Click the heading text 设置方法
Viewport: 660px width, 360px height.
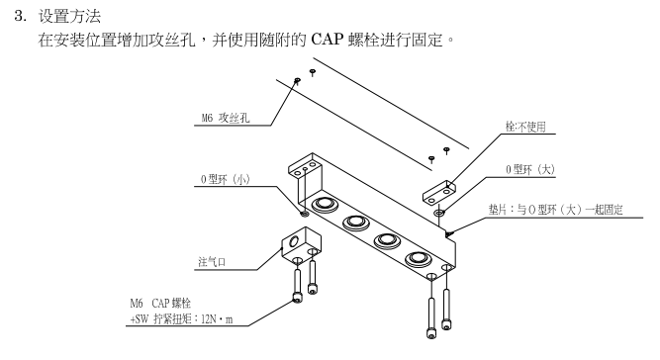coord(70,16)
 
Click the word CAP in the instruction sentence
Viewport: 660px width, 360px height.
coord(328,40)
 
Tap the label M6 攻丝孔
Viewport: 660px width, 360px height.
coord(226,118)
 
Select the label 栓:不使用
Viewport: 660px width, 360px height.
coord(525,127)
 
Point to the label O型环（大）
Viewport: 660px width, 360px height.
coord(530,169)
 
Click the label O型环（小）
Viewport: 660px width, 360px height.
coord(226,180)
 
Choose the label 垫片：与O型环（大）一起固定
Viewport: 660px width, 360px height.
coord(556,210)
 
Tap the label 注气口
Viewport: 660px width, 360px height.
coord(212,262)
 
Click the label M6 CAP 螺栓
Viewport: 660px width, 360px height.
coord(160,303)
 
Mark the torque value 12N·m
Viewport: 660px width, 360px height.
coord(217,319)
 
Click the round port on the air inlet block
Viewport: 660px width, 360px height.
coord(293,242)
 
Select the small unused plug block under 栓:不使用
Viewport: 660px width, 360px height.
coord(438,193)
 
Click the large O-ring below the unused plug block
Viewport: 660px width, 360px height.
coord(439,214)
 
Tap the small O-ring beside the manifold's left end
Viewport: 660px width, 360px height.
coord(305,214)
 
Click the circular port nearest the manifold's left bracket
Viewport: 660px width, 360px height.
coord(324,204)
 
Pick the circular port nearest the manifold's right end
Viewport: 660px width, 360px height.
coord(418,259)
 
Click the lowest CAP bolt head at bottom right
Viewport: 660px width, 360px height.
coord(431,334)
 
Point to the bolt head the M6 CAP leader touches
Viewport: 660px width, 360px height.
coord(297,298)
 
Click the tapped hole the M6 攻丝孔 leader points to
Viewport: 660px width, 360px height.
coord(297,80)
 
